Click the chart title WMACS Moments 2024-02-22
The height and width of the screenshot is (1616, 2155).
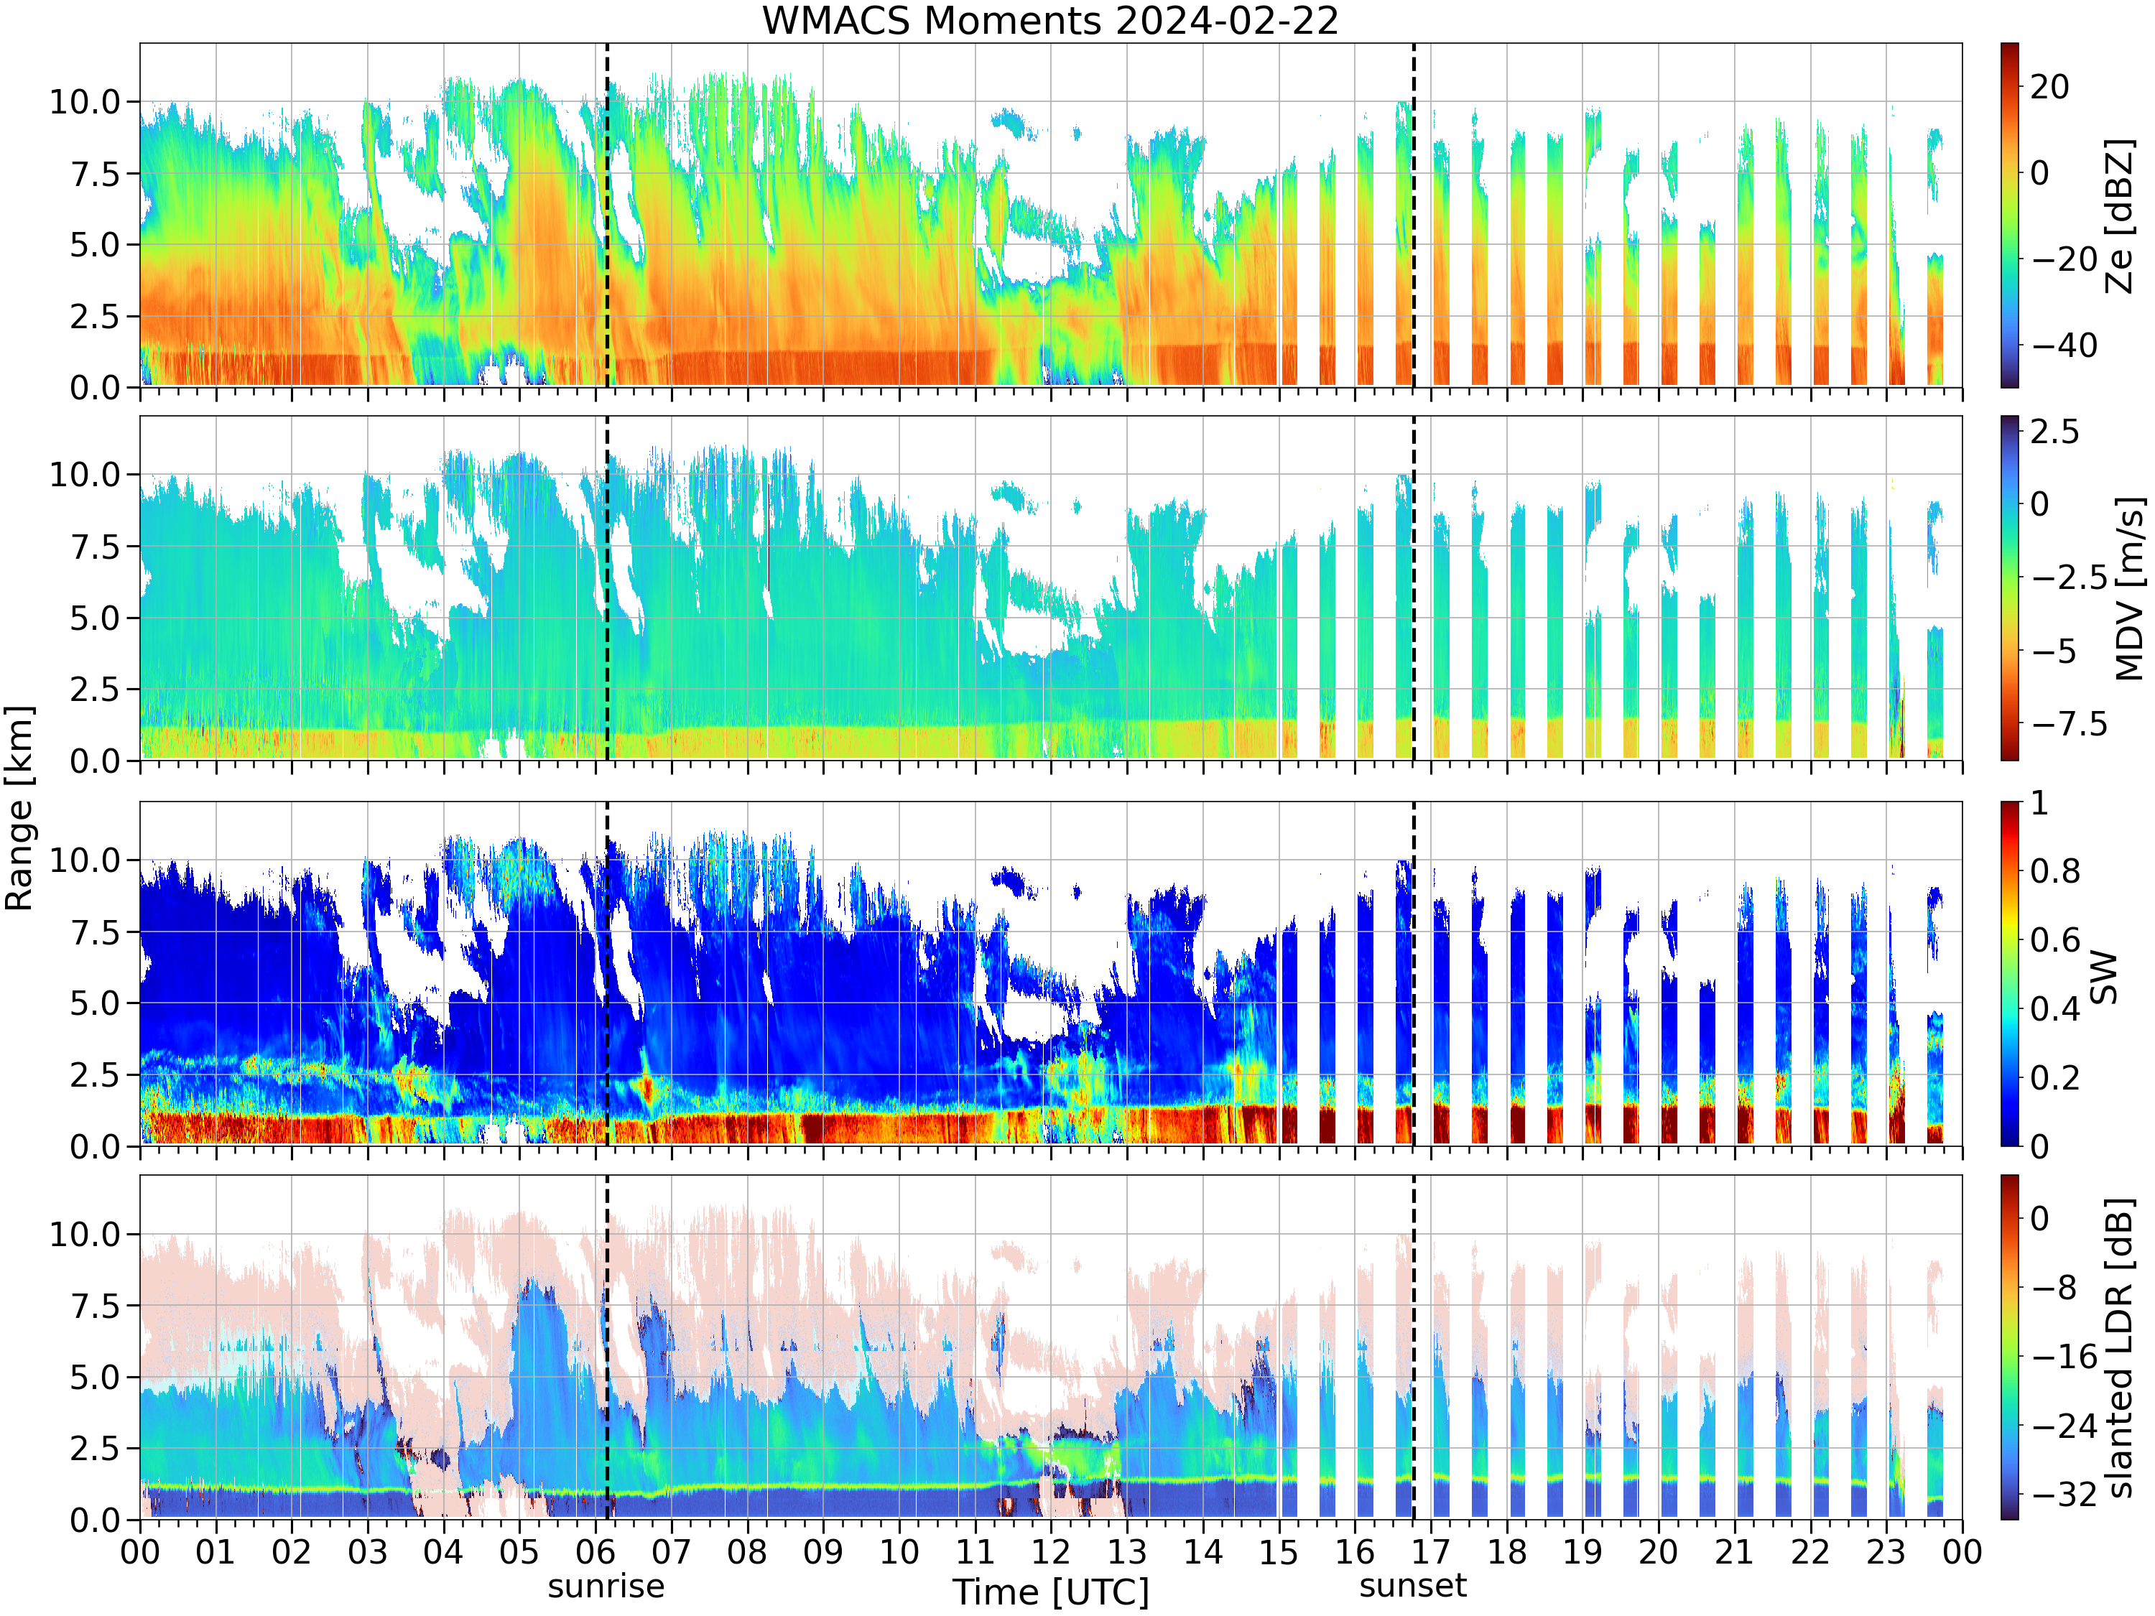tap(1050, 20)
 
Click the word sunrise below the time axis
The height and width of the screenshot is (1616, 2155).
tap(606, 1586)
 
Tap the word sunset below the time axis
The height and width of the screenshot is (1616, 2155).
tap(1413, 1586)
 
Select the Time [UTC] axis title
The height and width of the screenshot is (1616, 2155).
tap(1050, 1592)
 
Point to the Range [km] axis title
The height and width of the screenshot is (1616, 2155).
tap(19, 809)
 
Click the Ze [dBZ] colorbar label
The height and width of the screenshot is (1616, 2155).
tap(2120, 216)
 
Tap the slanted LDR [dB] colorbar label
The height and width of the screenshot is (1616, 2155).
tap(2120, 1347)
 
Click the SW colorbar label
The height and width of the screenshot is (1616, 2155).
tap(2104, 977)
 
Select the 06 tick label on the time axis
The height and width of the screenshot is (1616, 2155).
tap(595, 1551)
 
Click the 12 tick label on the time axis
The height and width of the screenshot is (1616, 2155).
tap(1051, 1551)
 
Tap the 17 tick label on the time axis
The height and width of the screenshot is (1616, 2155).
tap(1430, 1551)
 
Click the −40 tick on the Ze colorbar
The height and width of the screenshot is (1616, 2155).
tap(2064, 345)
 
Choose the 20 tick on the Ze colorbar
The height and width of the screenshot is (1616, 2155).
tap(2050, 87)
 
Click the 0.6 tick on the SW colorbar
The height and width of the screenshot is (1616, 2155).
tap(2054, 940)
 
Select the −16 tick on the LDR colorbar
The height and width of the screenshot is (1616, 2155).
tap(2064, 1356)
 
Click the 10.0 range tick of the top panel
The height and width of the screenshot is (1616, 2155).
tap(85, 101)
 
